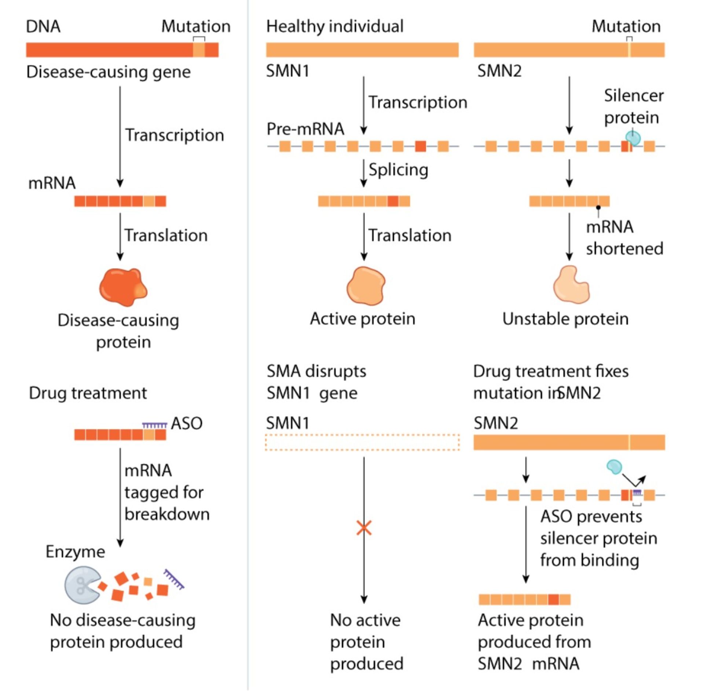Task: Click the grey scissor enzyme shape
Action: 81,585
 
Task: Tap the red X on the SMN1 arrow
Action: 364,528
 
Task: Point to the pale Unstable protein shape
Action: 571,286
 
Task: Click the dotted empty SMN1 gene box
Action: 362,442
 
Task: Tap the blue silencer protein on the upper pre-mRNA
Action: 633,138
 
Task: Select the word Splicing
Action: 398,169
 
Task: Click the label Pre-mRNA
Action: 305,129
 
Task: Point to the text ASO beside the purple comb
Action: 187,423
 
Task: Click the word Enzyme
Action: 75,551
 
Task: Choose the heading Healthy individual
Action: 334,26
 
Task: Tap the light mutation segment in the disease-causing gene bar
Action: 199,50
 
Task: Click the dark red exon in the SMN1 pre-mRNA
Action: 421,146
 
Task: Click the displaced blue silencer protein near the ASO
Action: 614,466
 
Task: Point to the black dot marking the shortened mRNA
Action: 598,207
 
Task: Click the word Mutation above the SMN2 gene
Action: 626,26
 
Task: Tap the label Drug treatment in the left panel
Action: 88,393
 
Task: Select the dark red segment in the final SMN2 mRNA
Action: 553,599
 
